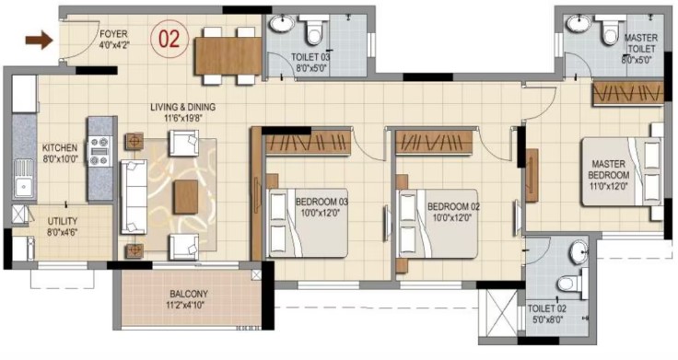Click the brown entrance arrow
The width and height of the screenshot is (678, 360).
click(39, 41)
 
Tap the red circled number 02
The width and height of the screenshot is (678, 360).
click(169, 39)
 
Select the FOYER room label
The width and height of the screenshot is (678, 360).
click(113, 34)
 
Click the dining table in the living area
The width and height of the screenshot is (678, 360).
click(228, 56)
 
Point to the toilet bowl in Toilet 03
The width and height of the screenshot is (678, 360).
click(313, 30)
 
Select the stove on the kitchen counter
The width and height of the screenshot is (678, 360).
click(100, 151)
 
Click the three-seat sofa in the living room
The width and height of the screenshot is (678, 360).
click(134, 197)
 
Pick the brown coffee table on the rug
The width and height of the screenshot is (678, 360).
click(186, 197)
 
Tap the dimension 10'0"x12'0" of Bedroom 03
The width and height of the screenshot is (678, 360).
click(321, 213)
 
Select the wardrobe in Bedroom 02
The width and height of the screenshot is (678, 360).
click(434, 142)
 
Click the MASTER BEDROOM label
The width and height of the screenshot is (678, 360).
click(609, 169)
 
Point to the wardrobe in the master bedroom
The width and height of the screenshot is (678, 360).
click(628, 92)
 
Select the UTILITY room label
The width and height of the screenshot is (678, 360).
click(63, 221)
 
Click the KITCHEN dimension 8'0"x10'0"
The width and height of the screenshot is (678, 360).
click(60, 158)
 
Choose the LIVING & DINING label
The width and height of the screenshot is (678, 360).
click(183, 107)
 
